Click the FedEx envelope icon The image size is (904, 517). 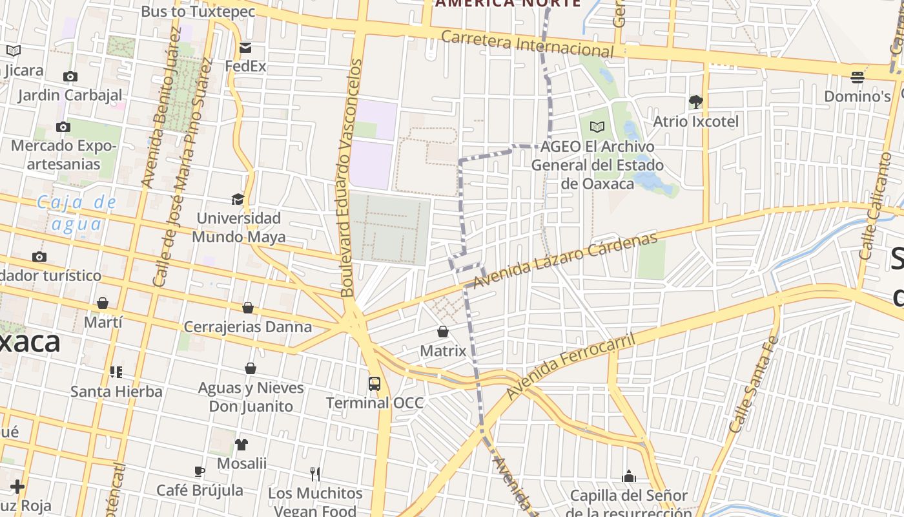(245, 48)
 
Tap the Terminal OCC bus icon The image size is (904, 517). (375, 383)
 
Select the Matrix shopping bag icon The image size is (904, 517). (443, 332)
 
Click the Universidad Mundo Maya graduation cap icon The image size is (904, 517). (238, 199)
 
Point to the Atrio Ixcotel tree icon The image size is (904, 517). (695, 101)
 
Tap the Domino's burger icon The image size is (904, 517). (858, 78)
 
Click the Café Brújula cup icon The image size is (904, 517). (200, 471)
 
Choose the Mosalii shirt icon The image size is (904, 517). (241, 444)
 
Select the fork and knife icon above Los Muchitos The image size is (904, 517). (315, 474)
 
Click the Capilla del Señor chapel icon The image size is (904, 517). (629, 477)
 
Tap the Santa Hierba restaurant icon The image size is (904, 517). (116, 372)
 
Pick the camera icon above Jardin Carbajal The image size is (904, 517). (70, 77)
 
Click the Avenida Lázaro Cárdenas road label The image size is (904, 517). (566, 260)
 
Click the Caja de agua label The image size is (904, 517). (77, 213)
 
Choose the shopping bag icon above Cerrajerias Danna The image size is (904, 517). (248, 308)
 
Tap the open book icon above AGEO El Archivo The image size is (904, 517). (597, 127)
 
